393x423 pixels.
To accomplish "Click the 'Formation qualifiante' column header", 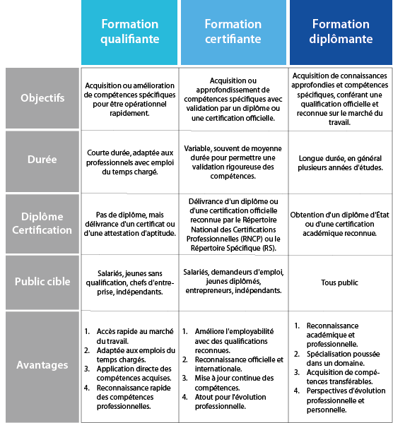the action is pyautogui.click(x=129, y=32).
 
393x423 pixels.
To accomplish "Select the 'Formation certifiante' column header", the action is pyautogui.click(x=233, y=32).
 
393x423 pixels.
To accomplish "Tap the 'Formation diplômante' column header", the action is pyautogui.click(x=341, y=32).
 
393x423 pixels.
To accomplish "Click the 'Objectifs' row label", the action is pyautogui.click(x=42, y=98).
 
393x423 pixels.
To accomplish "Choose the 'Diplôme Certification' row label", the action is pyautogui.click(x=42, y=224).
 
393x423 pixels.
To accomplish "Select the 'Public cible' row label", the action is pyautogui.click(x=42, y=282).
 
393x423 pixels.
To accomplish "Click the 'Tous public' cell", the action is pyautogui.click(x=339, y=282).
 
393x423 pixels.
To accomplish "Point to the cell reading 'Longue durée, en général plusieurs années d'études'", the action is pyautogui.click(x=340, y=162).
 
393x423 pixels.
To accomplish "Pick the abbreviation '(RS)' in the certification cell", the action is pyautogui.click(x=269, y=248).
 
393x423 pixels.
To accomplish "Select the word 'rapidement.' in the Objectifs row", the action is pyautogui.click(x=129, y=113).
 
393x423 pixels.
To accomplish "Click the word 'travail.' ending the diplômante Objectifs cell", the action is pyautogui.click(x=339, y=122).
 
